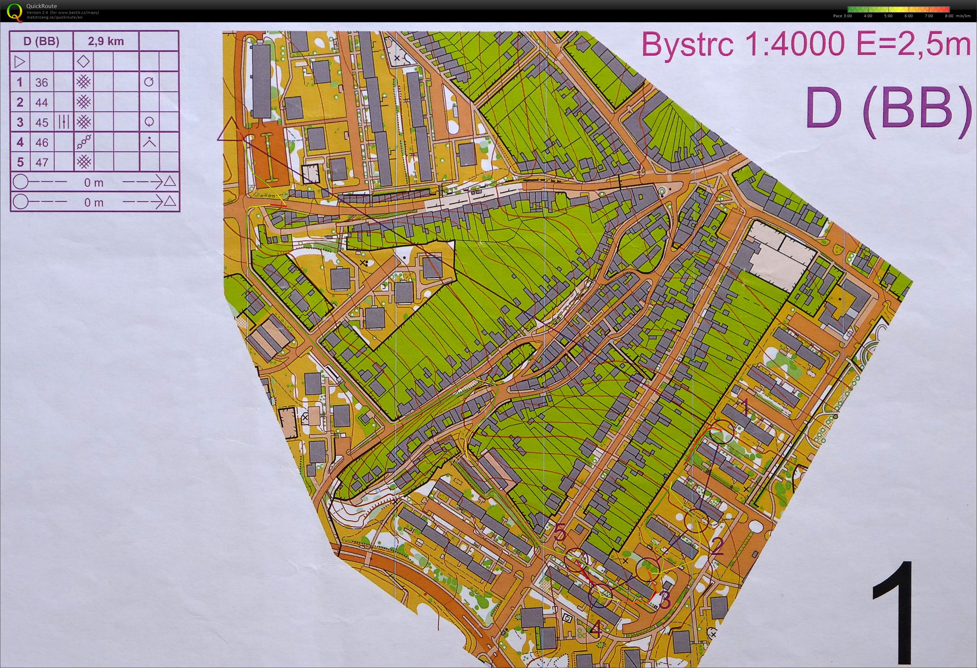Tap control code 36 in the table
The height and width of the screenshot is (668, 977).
coord(42,82)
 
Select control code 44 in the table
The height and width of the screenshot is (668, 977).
coord(42,102)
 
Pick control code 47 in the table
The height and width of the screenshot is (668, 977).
coord(42,162)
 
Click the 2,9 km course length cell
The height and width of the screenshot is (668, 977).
coord(105,41)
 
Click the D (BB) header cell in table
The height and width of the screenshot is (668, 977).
coord(41,41)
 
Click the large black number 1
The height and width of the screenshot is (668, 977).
coord(893,616)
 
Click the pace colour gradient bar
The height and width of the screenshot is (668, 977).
coord(898,9)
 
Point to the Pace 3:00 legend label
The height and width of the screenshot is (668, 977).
coord(842,16)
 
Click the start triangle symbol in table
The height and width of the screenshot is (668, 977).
coord(20,62)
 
